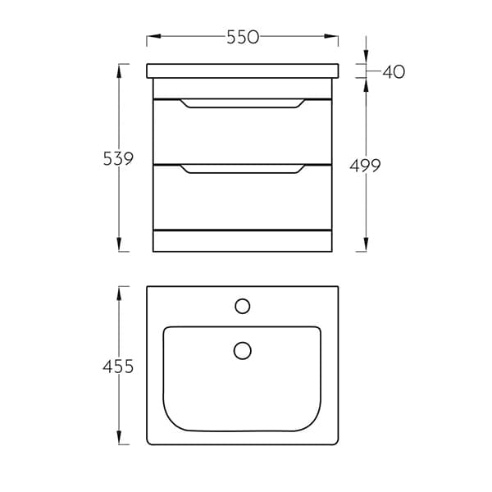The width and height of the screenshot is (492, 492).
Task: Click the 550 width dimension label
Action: (243, 37)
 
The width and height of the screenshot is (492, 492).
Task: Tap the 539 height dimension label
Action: (118, 158)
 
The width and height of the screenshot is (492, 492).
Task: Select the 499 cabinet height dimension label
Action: (365, 166)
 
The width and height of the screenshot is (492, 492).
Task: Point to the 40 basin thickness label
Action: (394, 72)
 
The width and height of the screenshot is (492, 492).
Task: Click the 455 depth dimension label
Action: (118, 367)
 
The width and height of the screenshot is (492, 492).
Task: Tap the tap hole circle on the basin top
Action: (243, 306)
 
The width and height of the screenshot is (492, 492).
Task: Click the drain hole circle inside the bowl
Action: (243, 350)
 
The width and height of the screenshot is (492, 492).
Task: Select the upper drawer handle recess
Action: (242, 103)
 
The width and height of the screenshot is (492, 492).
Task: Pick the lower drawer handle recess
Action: (242, 169)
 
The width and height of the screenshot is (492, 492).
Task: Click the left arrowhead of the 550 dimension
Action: (154, 36)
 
